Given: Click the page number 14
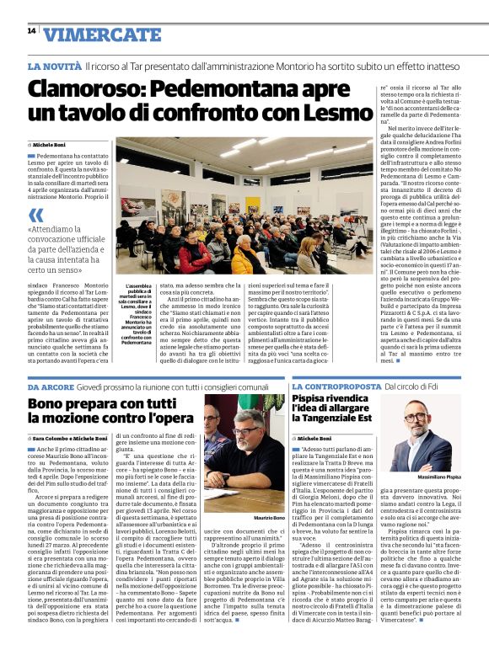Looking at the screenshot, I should (31, 31).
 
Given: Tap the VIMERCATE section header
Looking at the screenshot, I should (91, 34).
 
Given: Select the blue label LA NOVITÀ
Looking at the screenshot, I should (54, 65).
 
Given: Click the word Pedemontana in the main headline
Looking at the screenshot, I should (230, 88).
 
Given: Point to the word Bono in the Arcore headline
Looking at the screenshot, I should (50, 407).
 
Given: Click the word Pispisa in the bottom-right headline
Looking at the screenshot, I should (320, 401).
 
